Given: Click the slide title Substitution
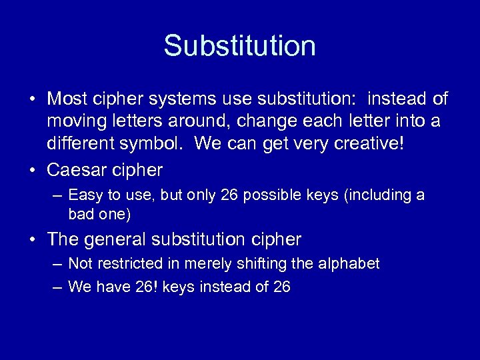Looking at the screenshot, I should click(x=239, y=46).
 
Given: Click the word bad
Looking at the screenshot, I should click(x=80, y=214).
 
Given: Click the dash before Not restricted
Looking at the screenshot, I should click(x=56, y=264).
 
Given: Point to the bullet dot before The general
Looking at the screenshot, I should click(x=33, y=239).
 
